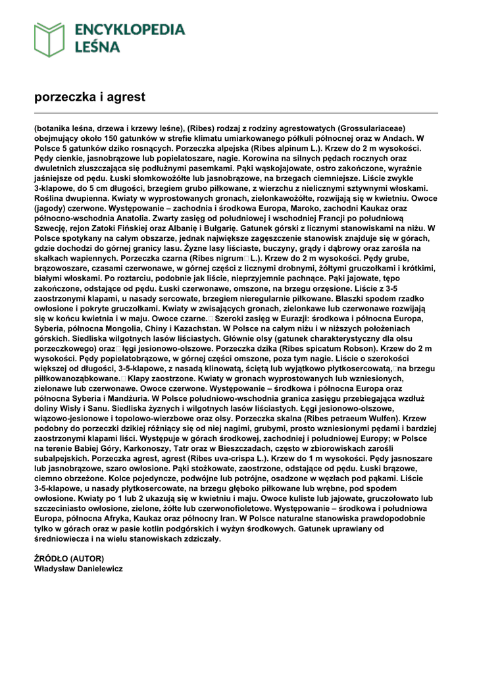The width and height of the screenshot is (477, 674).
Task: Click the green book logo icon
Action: (x=49, y=39)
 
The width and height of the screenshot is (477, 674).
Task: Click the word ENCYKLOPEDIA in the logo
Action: (x=130, y=30)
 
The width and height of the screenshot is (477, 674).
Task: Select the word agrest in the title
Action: (x=127, y=97)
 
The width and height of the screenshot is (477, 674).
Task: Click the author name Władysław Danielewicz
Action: (x=78, y=569)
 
